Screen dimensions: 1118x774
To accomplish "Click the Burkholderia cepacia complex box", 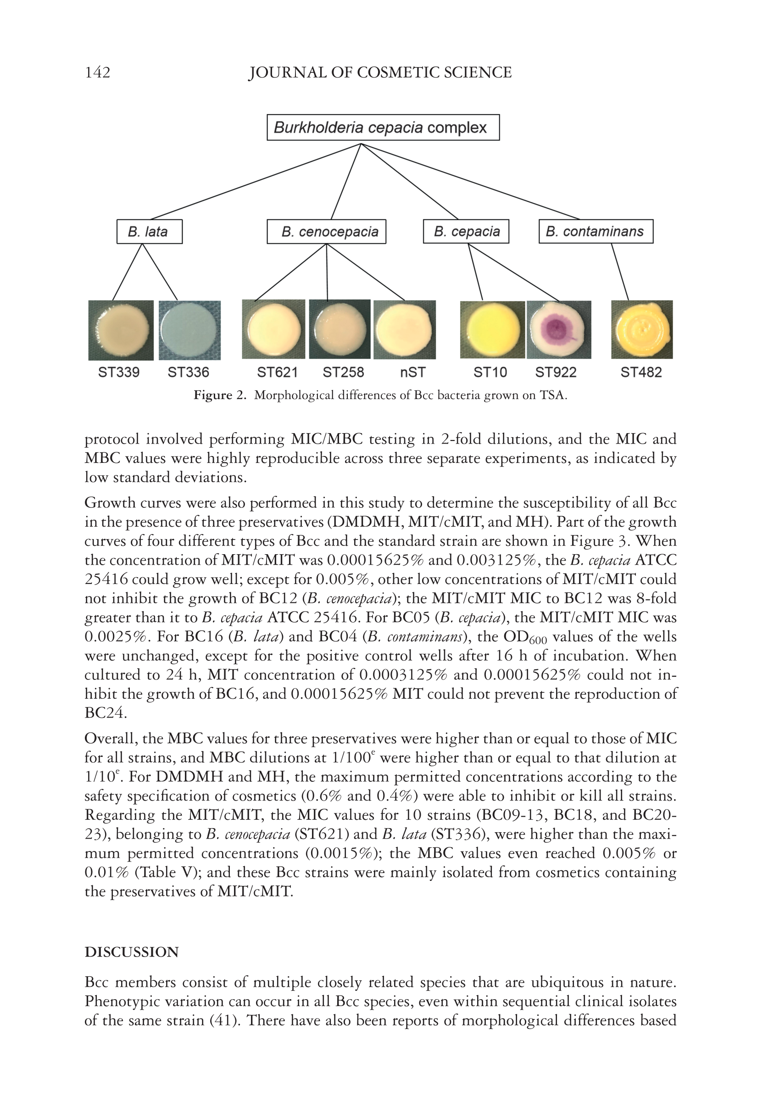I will [x=383, y=128].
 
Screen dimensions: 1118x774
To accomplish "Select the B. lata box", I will [x=149, y=232].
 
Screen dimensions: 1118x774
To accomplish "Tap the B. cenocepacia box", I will [x=326, y=232].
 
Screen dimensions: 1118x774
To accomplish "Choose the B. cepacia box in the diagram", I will [x=466, y=232].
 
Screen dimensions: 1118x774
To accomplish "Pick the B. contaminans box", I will [x=596, y=232].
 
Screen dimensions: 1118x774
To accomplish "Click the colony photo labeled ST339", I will [x=121, y=330].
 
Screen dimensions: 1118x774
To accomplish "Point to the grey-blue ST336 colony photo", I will [x=189, y=330].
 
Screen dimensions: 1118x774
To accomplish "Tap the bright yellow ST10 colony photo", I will [x=492, y=330].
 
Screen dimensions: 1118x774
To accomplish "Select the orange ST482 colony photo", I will [x=641, y=330].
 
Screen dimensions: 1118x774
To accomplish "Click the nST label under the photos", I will [x=413, y=373].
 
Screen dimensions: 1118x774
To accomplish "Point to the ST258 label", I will [x=343, y=373].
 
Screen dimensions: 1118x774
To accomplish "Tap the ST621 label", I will [x=277, y=373].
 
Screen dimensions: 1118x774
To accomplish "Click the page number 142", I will [x=97, y=73].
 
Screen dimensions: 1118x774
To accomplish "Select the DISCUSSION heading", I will [x=131, y=952].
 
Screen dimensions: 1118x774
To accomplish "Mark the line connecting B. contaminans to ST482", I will [x=620, y=272].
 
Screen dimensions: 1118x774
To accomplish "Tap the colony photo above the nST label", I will [x=405, y=330].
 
